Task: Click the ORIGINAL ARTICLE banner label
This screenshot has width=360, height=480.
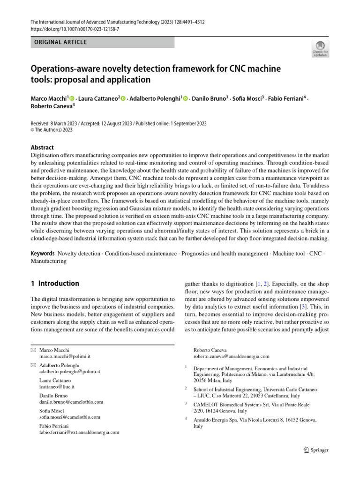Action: (x=59, y=42)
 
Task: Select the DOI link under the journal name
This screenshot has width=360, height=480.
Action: (x=75, y=29)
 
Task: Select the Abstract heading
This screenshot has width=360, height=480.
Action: (x=42, y=147)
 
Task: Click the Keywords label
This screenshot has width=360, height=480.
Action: (x=43, y=254)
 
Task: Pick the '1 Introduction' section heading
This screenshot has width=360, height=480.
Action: (x=55, y=284)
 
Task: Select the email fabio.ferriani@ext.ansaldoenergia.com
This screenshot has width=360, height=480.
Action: (x=79, y=432)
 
